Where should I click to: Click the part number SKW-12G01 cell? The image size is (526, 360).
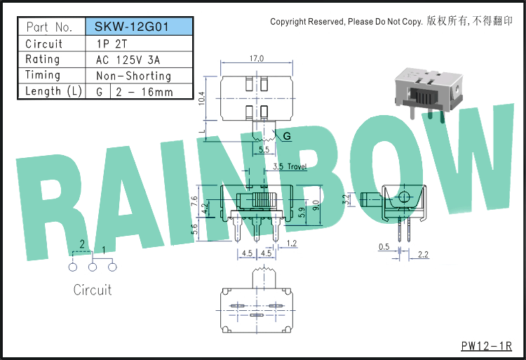coord(140,27)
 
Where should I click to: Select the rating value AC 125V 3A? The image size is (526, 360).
coord(128,60)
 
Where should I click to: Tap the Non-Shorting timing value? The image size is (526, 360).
coord(133,76)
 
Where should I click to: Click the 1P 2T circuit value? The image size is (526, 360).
coord(112,44)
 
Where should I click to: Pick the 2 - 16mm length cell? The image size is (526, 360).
coord(144,92)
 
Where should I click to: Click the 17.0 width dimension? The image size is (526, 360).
coord(256,58)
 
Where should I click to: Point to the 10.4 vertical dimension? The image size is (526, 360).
coord(201,99)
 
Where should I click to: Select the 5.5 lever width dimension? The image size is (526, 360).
coord(264,149)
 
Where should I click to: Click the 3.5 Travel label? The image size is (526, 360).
coord(290,166)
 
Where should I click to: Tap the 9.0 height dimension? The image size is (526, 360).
coord(316,206)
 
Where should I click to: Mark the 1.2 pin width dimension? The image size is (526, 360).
coord(292,244)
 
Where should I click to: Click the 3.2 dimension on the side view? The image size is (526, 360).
coord(346,199)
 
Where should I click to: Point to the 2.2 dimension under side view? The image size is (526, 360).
coord(423,255)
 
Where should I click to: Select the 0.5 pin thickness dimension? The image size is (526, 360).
coord(384,247)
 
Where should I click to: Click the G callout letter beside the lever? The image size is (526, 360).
coord(287,136)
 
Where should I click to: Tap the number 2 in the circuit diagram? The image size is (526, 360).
coord(82,244)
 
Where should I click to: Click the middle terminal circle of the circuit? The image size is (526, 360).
coord(93,267)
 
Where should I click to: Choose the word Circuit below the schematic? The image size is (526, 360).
coord(93,290)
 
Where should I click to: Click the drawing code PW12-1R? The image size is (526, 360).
coord(487,346)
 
